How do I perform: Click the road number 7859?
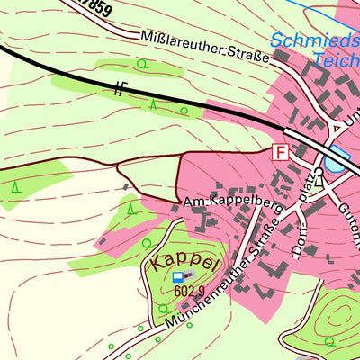point(94,8)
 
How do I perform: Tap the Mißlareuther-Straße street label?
point(206,48)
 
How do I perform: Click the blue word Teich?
point(335,60)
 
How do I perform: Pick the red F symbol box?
point(281,152)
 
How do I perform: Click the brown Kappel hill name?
point(185,263)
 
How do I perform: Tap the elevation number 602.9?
point(191,291)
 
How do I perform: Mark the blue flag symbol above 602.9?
point(178,276)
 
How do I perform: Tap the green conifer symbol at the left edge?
point(16,188)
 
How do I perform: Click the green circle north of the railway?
point(141,64)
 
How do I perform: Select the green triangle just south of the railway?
point(153,103)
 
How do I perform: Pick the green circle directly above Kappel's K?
point(148,243)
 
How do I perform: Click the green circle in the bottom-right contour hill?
point(329,341)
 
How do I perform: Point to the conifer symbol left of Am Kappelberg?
point(130,209)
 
